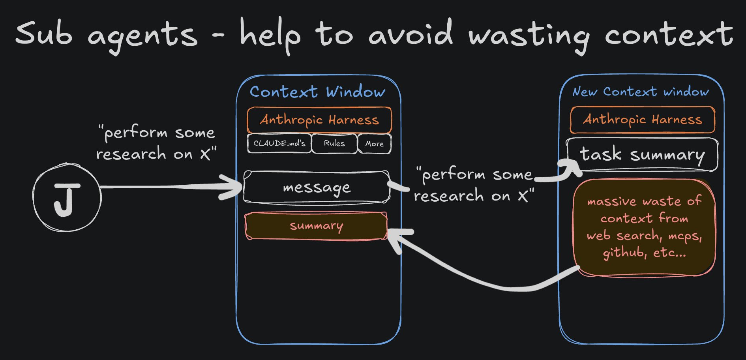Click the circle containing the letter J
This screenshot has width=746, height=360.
click(67, 197)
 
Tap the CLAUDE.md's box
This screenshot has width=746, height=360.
click(279, 143)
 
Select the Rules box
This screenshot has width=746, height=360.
click(334, 143)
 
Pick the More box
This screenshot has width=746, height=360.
click(374, 144)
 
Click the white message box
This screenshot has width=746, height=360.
click(316, 187)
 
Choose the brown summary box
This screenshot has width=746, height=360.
click(316, 226)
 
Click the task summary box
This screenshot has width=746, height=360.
click(642, 154)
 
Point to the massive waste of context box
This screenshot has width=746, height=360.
click(644, 227)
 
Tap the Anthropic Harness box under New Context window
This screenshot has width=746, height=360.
click(642, 120)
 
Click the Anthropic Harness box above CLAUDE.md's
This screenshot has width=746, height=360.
click(319, 120)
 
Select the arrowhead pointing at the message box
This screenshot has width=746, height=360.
click(233, 187)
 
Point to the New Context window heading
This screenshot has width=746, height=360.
click(641, 92)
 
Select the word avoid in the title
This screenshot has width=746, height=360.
click(410, 34)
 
